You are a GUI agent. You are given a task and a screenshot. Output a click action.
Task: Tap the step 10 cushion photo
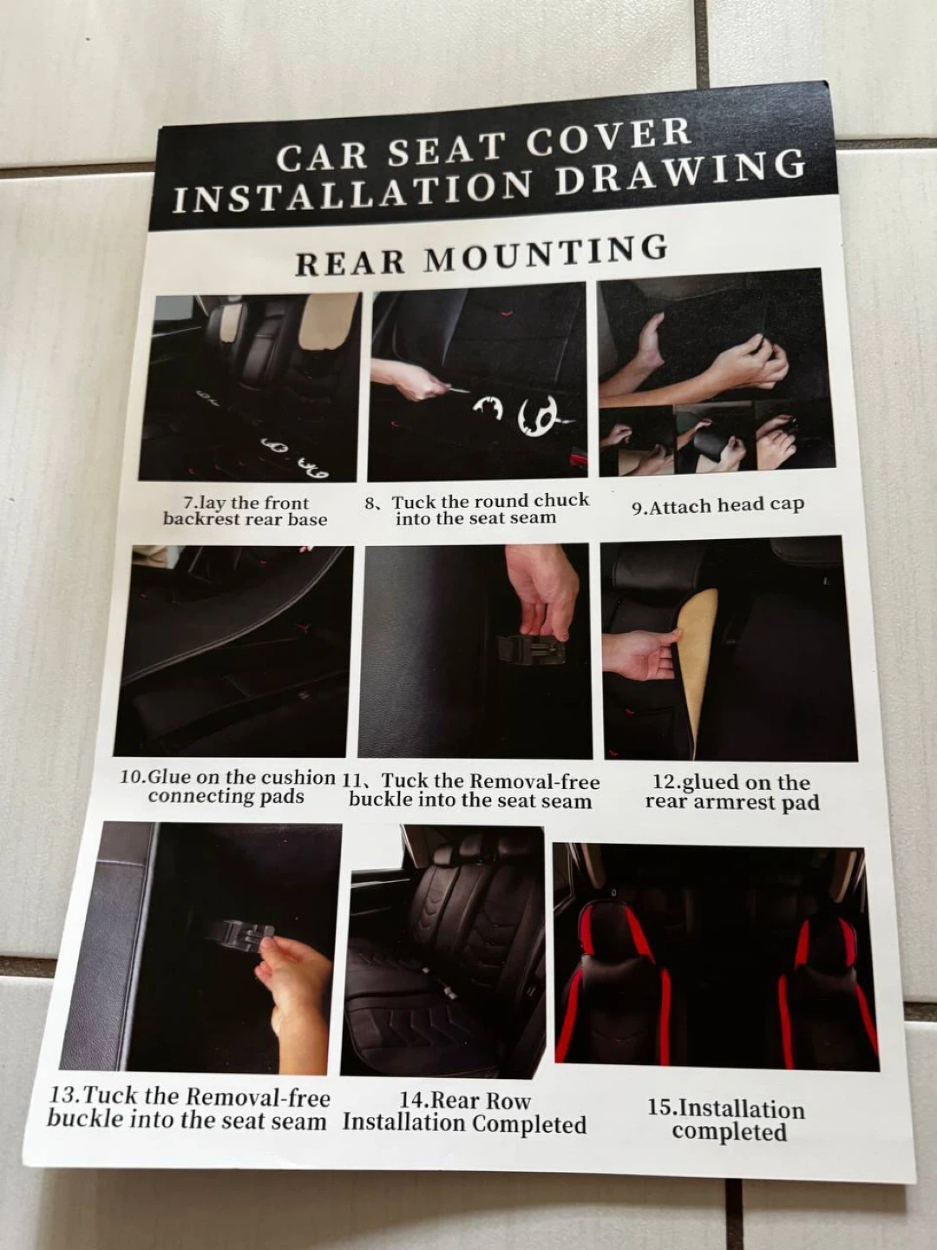(233, 650)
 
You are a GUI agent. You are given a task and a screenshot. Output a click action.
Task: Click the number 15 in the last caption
(663, 1108)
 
